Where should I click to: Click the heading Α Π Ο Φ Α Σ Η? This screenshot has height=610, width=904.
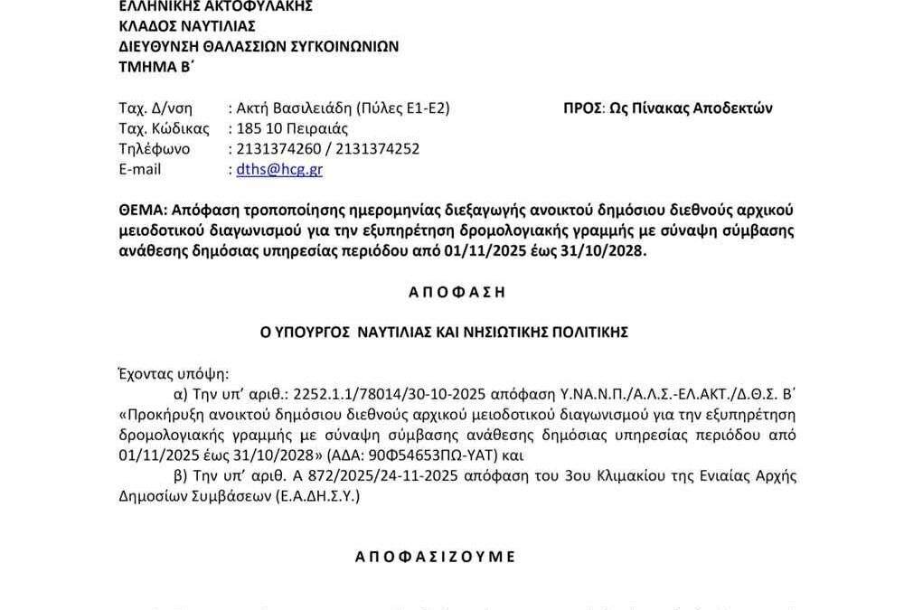tap(442, 292)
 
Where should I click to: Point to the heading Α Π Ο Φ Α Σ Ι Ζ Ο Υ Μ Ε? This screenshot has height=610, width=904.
tap(435, 557)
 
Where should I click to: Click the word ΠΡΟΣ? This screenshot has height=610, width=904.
tap(582, 108)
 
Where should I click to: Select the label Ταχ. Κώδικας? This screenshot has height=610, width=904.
tap(164, 128)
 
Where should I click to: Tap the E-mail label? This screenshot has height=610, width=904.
tap(140, 169)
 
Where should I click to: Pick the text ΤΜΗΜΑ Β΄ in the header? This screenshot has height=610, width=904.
tap(157, 66)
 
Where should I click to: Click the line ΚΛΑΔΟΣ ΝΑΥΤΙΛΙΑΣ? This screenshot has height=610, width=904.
tap(187, 26)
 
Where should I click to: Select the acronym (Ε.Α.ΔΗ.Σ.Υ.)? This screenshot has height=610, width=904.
tap(315, 495)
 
